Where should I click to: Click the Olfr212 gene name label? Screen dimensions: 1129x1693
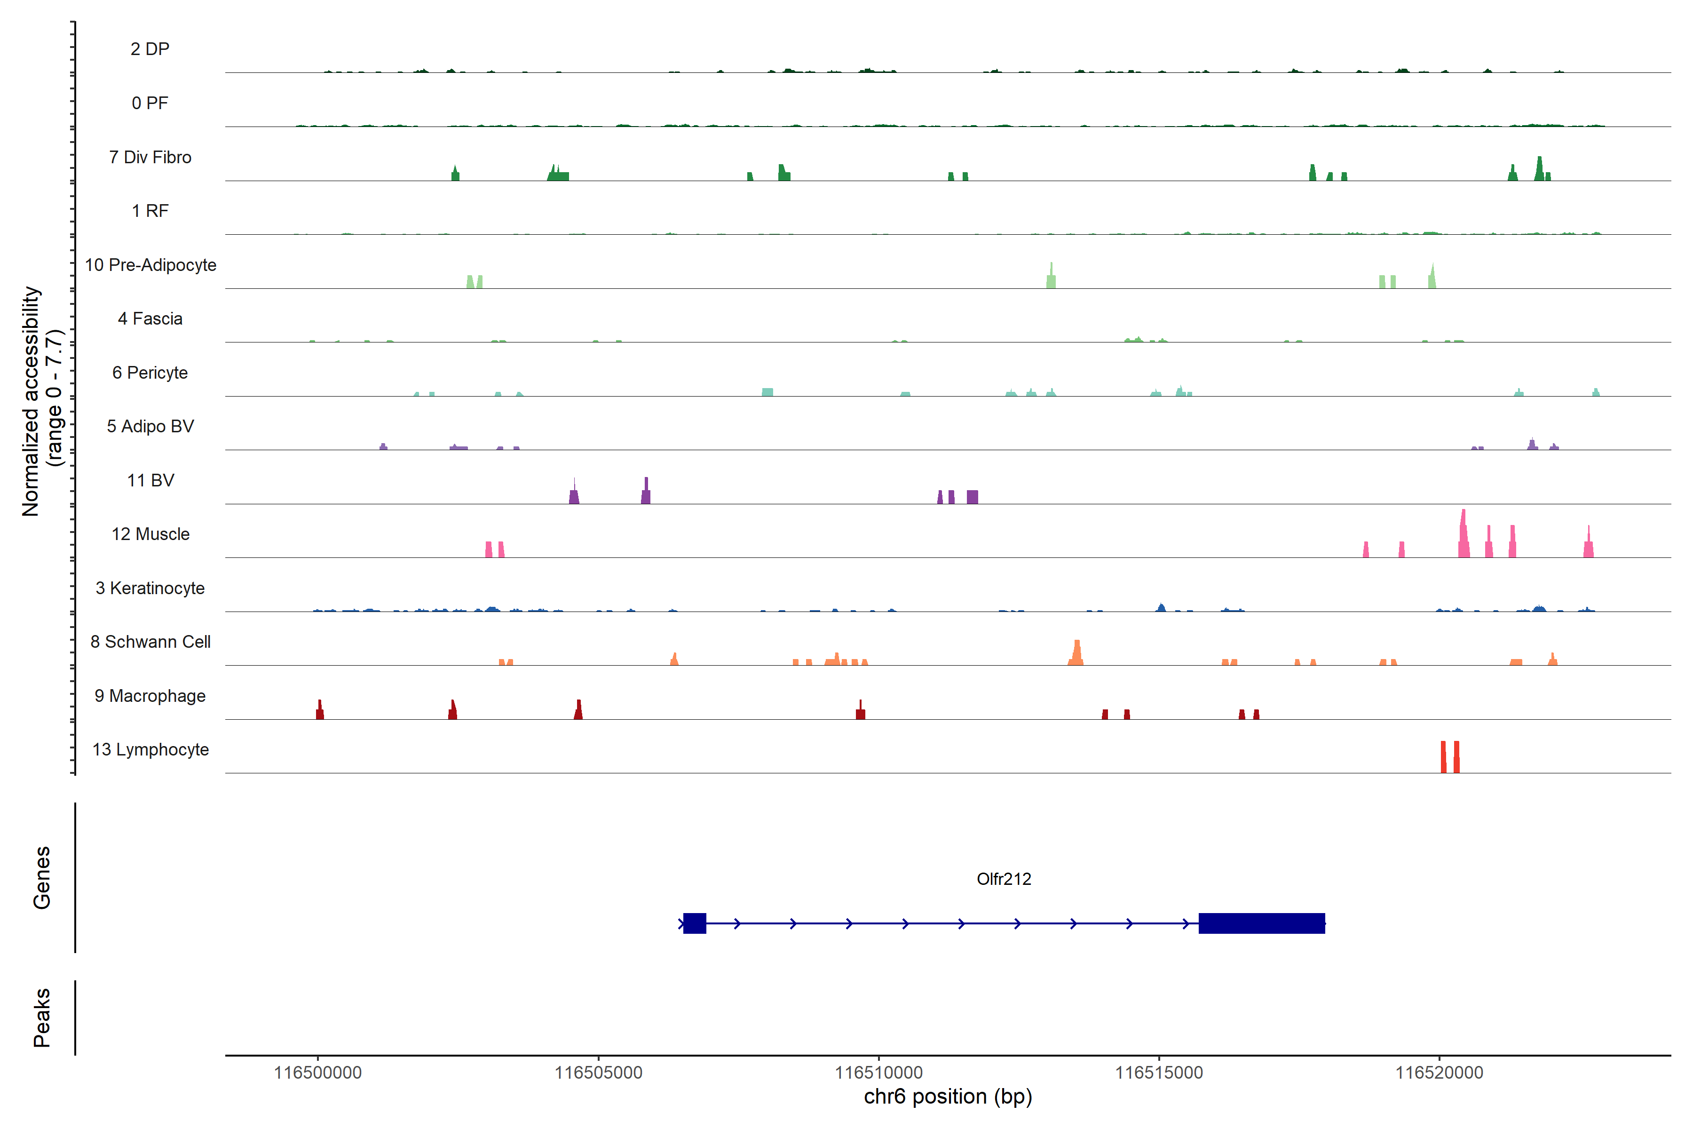[x=1004, y=879]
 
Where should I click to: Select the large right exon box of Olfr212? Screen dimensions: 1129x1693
[x=1261, y=923]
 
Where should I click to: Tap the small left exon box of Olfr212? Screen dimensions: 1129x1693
[x=695, y=923]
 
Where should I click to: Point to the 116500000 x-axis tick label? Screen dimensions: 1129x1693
[x=317, y=1073]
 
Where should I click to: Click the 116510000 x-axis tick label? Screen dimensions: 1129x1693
[x=878, y=1073]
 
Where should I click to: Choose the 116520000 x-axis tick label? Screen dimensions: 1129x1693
[x=1439, y=1073]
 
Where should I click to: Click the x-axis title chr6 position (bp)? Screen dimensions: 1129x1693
[x=947, y=1097]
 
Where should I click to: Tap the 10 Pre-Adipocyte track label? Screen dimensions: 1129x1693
[x=150, y=265]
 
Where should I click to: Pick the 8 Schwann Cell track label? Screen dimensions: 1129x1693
[x=150, y=642]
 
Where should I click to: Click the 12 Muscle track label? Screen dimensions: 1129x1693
[x=150, y=534]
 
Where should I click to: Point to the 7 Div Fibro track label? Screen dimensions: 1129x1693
[x=150, y=157]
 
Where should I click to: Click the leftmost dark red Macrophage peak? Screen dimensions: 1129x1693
[x=320, y=711]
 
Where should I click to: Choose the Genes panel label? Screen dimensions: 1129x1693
[x=42, y=878]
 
